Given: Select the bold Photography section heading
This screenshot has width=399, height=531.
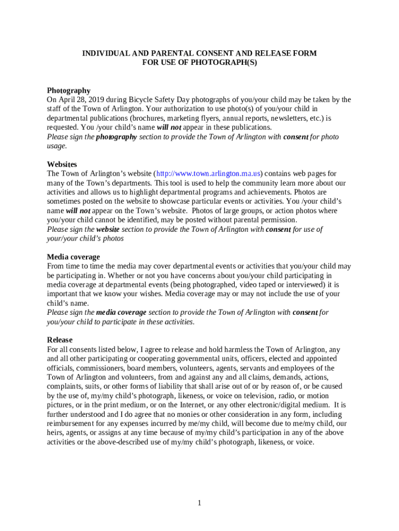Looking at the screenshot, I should click(x=68, y=90).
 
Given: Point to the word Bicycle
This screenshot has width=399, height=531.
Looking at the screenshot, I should click(x=141, y=100).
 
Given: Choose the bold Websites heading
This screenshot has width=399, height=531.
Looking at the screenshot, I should click(x=62, y=164).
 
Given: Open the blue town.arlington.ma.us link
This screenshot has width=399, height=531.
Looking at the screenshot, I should click(x=209, y=174).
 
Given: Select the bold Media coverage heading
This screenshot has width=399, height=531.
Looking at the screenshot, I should click(x=74, y=257).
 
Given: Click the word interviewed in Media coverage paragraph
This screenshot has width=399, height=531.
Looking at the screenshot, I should click(x=301, y=285).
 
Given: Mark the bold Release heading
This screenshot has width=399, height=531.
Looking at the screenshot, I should click(x=60, y=340).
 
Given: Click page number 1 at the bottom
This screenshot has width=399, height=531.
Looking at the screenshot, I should click(x=199, y=503).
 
